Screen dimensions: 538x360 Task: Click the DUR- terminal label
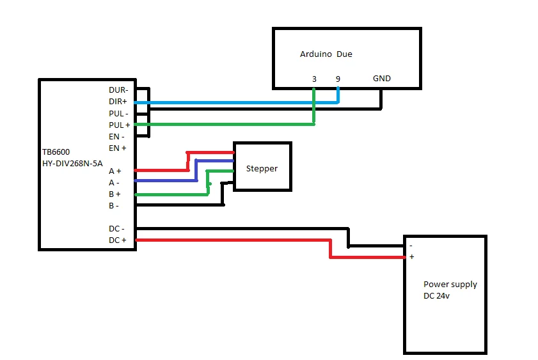point(118,90)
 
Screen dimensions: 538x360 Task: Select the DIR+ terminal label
point(118,102)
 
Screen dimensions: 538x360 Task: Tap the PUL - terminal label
point(118,113)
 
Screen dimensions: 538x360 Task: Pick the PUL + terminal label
point(120,125)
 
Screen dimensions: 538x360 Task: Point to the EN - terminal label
point(116,137)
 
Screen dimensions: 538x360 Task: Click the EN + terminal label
point(117,148)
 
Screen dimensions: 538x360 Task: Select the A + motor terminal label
point(115,171)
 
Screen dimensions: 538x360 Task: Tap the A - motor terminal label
point(114,183)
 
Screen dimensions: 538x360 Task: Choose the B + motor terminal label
point(115,194)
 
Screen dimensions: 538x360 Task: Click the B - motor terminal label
point(114,206)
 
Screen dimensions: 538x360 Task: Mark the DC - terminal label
point(116,229)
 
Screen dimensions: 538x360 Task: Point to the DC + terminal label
point(117,240)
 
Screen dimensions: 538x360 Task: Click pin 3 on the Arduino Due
point(314,79)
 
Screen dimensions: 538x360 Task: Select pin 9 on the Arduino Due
point(338,79)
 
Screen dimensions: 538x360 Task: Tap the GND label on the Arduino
point(382,79)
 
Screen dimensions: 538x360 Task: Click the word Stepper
point(262,169)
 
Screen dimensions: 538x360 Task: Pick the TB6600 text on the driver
point(56,152)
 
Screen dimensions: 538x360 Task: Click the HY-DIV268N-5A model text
point(72,164)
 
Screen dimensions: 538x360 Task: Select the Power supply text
point(450,285)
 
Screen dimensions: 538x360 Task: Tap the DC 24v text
point(436,296)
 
